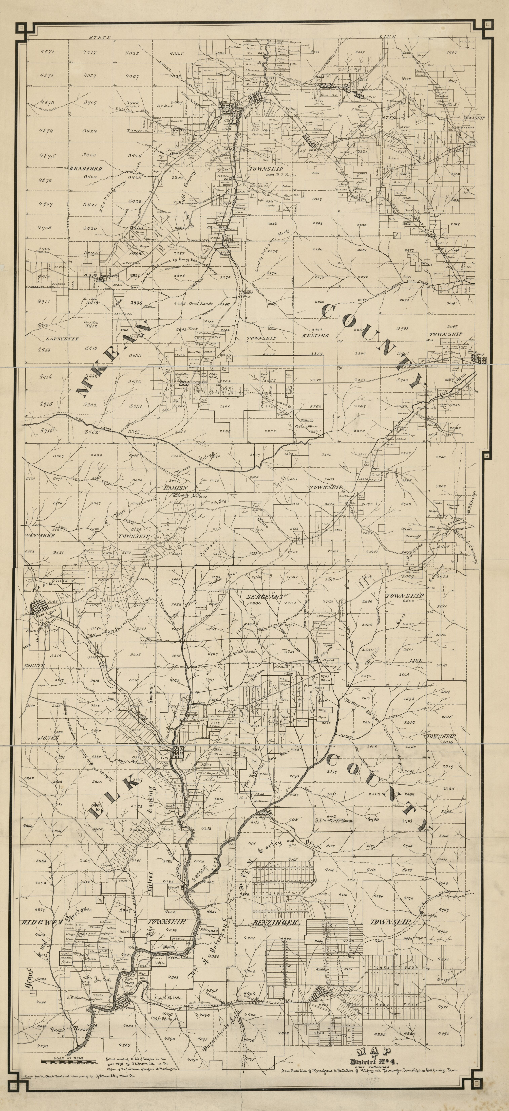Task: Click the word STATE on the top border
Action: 100,38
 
